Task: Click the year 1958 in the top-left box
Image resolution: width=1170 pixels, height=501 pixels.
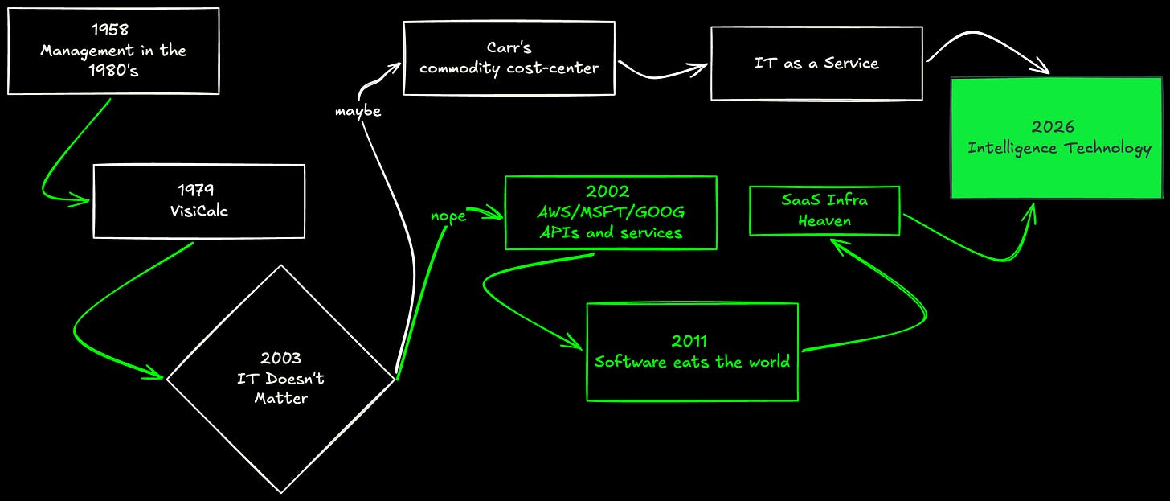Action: pos(109,29)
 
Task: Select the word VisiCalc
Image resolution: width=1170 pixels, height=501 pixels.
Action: pos(199,211)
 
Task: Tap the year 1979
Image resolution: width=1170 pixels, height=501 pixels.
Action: pos(195,189)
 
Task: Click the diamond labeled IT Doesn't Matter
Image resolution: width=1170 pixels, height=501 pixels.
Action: pos(281,379)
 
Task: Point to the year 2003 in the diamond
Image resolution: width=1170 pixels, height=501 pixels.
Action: pos(281,358)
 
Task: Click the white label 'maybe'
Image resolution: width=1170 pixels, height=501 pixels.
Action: pos(358,112)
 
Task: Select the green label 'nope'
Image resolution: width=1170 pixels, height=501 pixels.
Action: pos(448,216)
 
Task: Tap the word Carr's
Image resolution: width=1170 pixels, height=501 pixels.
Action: pos(509,47)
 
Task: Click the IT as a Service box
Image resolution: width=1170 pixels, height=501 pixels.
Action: pos(816,64)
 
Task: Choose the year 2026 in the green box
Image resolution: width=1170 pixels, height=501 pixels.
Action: pos(1053,126)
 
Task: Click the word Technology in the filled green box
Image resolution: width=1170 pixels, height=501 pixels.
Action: pos(1108,149)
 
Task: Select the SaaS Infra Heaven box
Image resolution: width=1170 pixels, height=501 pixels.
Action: pos(824,210)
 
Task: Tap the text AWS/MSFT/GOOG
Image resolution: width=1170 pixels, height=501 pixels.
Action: pos(611,211)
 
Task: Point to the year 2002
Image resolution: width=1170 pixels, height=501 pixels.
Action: pos(607,191)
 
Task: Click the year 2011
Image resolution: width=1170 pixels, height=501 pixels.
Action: pos(689,341)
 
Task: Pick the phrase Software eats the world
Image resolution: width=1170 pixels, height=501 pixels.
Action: pos(692,362)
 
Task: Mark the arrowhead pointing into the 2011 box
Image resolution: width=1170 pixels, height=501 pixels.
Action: pos(575,343)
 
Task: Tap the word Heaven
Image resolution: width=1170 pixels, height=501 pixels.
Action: pos(824,220)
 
